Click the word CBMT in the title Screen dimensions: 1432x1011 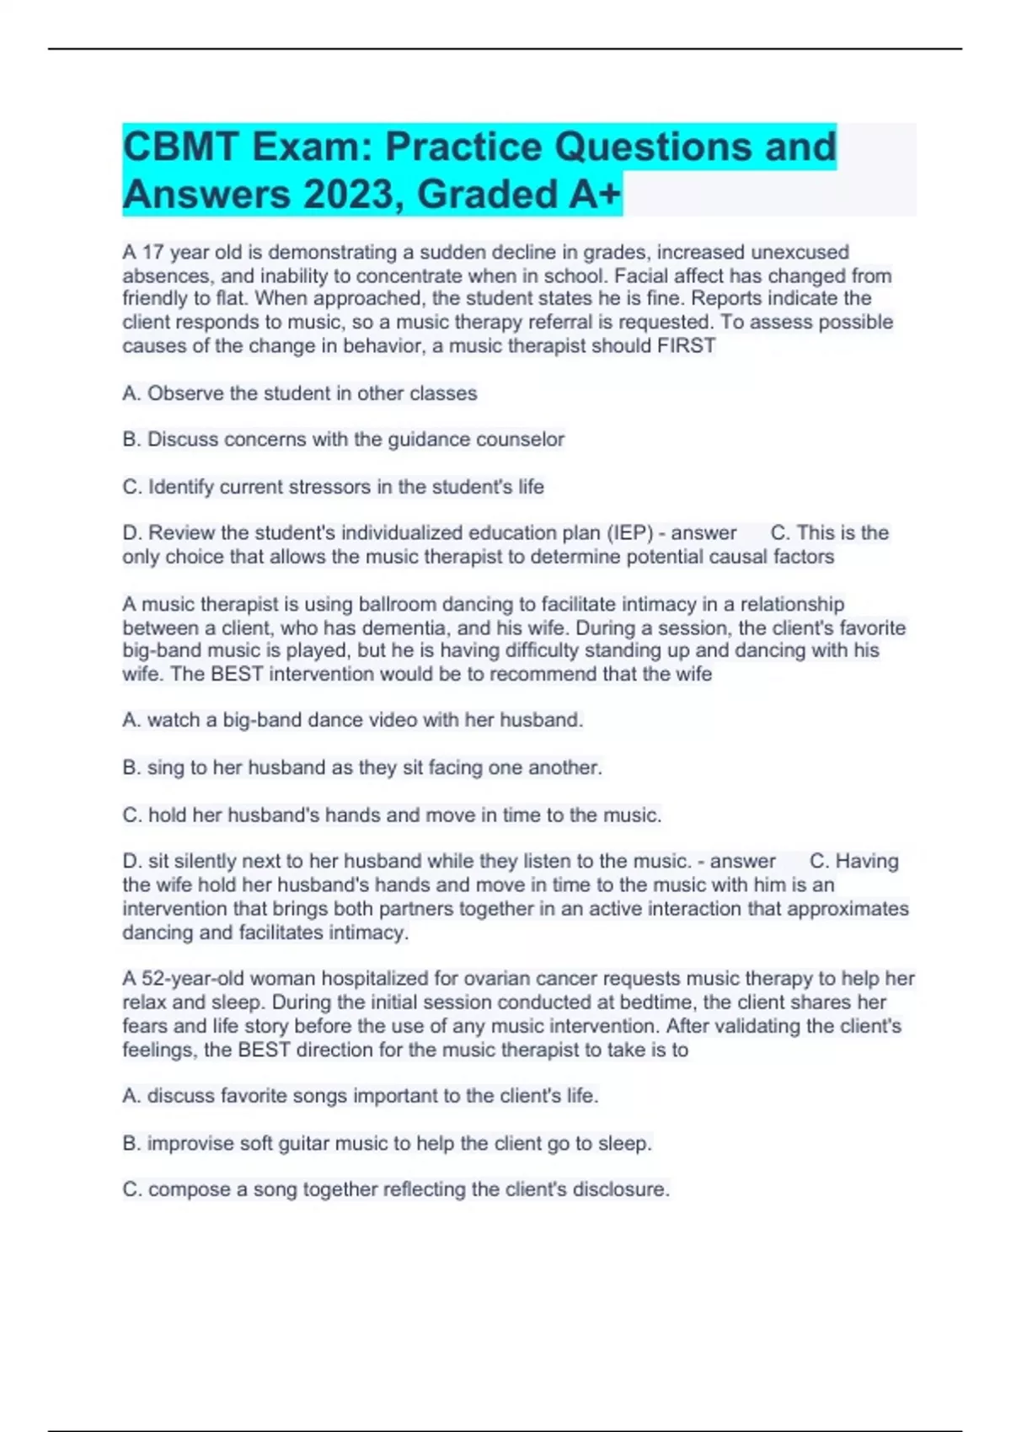(178, 147)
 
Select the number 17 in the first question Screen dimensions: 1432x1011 (152, 252)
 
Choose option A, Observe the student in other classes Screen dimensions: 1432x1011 (300, 393)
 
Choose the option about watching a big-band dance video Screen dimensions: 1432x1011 (353, 720)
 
